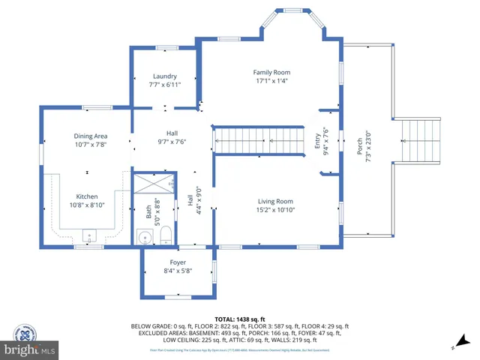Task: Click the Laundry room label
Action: point(164,76)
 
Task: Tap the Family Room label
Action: point(271,72)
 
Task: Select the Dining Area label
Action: point(91,136)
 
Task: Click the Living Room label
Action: point(275,201)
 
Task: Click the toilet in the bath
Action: point(166,236)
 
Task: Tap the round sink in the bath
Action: point(145,238)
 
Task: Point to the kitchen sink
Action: point(89,237)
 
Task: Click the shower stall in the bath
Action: point(153,182)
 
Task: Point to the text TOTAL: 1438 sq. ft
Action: point(239,319)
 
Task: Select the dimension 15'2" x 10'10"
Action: point(275,210)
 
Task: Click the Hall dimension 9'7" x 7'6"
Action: point(172,141)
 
